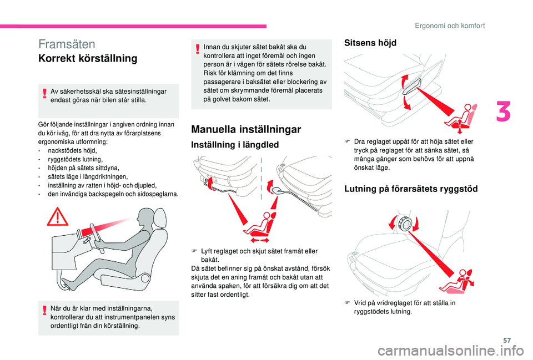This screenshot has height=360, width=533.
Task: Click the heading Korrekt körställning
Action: pyautogui.click(x=88, y=58)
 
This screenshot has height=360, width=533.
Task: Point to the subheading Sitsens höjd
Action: pyautogui.click(x=371, y=43)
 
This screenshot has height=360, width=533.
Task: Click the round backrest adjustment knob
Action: pyautogui.click(x=405, y=224)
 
